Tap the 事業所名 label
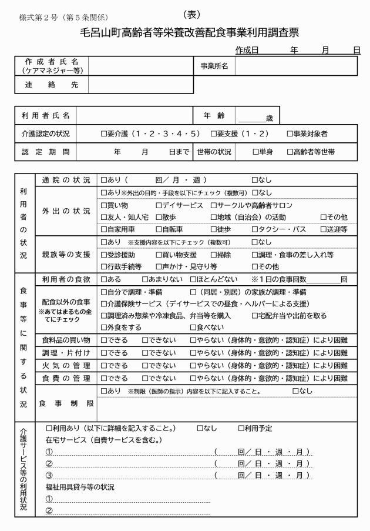point(214,66)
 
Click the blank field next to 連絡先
point(140,85)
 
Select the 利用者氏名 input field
point(134,115)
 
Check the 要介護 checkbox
point(104,134)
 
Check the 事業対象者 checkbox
point(290,134)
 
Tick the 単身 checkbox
point(255,152)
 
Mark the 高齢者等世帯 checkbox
point(290,152)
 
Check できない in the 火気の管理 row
point(145,365)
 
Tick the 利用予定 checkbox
point(241,428)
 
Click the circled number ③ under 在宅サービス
point(49,475)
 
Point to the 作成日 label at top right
point(247,51)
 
